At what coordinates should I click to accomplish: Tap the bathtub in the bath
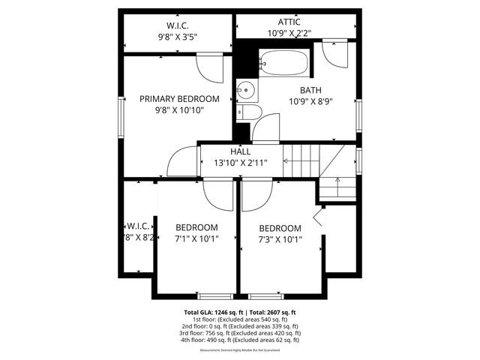[283, 62]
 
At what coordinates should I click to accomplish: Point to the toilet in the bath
[250, 112]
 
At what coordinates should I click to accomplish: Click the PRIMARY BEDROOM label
[180, 98]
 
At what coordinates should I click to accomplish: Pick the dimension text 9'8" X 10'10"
[180, 110]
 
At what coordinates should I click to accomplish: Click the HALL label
[241, 151]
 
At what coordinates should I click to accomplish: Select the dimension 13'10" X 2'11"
[241, 163]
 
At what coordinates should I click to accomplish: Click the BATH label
[310, 90]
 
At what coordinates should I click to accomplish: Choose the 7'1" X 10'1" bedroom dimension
[196, 240]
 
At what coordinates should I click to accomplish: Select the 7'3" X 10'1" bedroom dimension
[280, 241]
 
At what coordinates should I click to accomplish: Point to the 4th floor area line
[239, 340]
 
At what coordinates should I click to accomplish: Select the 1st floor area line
[239, 319]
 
